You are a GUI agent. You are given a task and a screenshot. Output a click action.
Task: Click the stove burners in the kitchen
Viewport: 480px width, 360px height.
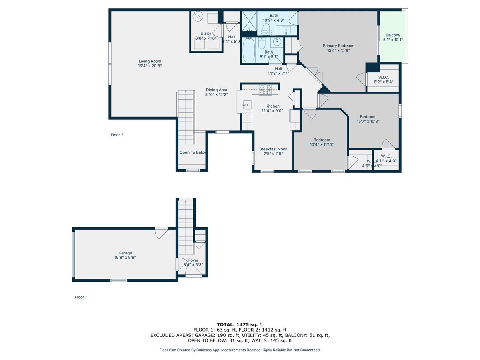pos(265,90)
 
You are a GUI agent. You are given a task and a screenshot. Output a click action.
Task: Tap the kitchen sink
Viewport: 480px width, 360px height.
pos(246,106)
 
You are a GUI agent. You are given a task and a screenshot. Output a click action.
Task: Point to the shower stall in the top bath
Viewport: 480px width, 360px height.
pos(250,21)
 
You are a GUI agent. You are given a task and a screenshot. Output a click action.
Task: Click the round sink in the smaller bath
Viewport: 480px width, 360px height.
pos(277,41)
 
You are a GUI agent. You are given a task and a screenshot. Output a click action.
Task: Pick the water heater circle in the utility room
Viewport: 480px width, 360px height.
pos(198,16)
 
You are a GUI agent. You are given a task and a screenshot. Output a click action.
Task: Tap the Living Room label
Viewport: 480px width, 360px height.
pos(150,61)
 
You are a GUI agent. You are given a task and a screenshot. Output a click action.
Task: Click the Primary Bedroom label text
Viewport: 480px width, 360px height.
pos(338,46)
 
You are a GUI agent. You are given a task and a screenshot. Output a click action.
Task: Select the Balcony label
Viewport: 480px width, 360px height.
pos(393,35)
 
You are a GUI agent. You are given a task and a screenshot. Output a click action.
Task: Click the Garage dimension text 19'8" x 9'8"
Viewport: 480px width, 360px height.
pos(125,258)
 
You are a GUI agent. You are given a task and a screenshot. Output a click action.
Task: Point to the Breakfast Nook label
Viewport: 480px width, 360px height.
pos(273,149)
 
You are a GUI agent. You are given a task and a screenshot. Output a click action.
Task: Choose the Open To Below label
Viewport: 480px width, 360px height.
pos(192,152)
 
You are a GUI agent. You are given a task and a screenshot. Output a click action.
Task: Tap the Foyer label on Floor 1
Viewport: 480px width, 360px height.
pos(193,260)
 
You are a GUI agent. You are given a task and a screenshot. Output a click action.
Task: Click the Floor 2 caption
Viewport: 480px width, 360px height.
pos(117,135)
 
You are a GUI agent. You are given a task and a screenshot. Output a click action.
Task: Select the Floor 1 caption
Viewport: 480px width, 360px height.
pos(80,297)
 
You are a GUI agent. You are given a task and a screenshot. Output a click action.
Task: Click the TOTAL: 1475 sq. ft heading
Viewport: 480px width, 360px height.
pos(240,324)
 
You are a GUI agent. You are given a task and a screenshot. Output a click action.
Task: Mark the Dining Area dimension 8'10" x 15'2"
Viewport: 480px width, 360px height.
pos(216,95)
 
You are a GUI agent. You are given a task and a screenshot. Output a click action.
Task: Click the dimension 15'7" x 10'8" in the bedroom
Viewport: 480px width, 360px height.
pos(368,122)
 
